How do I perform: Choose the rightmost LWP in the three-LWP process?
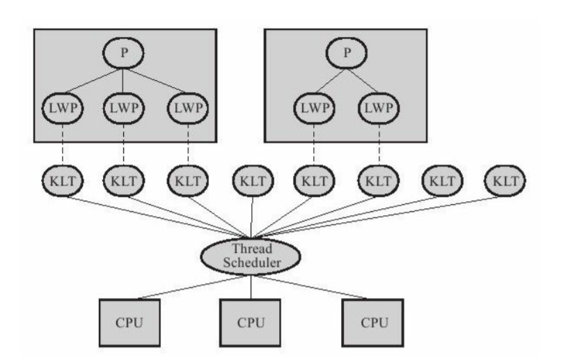click(x=189, y=109)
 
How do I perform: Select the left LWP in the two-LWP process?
click(x=315, y=109)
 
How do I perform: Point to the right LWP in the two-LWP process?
click(x=379, y=109)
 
